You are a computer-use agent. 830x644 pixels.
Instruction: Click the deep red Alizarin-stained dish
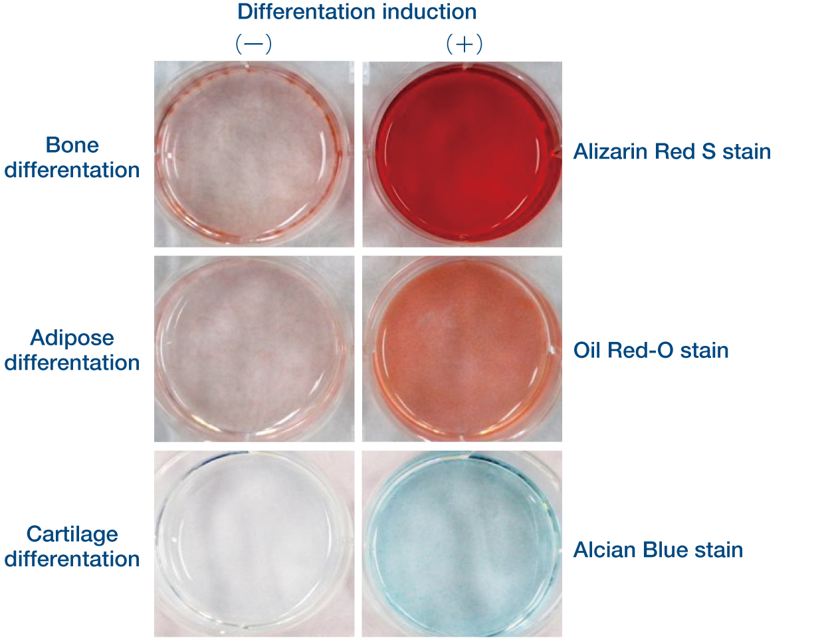click(463, 154)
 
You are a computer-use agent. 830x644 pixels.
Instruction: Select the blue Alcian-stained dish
click(462, 544)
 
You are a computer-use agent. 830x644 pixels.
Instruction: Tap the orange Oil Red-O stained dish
click(462, 349)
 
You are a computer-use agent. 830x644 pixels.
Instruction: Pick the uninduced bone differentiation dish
click(254, 154)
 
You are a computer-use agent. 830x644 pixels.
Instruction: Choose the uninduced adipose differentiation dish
click(254, 349)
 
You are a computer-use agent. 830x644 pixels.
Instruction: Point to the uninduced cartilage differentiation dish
click(254, 544)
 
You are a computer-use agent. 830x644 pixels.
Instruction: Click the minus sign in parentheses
click(254, 44)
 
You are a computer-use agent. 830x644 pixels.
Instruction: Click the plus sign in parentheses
click(465, 44)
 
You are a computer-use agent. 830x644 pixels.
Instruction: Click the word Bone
click(72, 145)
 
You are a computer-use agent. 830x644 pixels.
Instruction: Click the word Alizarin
click(611, 151)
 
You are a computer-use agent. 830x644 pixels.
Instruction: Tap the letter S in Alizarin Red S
click(708, 151)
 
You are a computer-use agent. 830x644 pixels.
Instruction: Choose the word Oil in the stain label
click(587, 351)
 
